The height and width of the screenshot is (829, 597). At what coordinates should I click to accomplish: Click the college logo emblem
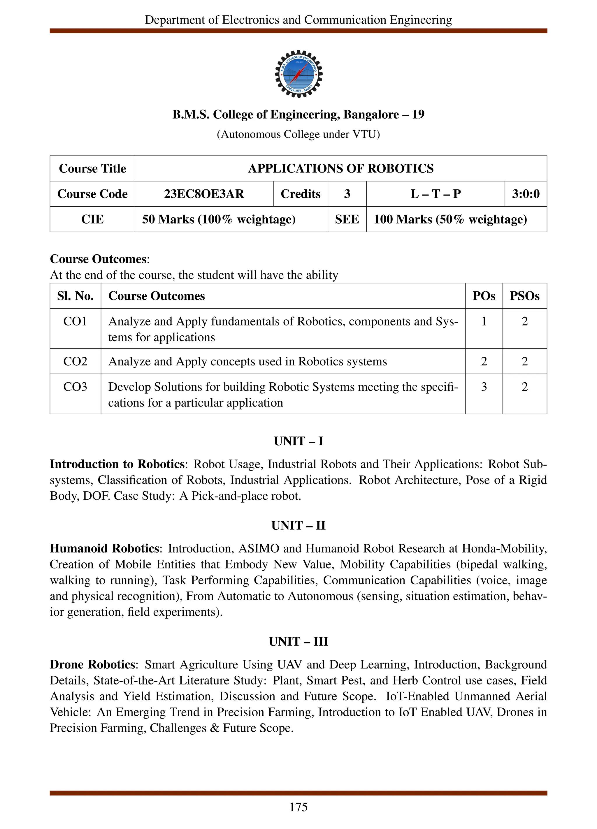(x=298, y=74)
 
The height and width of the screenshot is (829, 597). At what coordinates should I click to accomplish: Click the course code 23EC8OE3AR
(x=204, y=194)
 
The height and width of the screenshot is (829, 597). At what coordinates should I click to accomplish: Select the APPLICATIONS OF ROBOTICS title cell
(x=340, y=168)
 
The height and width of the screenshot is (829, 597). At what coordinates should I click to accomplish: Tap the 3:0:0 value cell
(x=525, y=194)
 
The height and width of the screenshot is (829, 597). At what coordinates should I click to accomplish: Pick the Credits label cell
(x=300, y=194)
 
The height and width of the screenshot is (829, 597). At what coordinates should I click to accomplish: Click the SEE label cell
(x=347, y=219)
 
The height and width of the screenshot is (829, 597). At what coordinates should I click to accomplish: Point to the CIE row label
(x=92, y=219)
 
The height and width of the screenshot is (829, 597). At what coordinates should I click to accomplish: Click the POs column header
(x=484, y=296)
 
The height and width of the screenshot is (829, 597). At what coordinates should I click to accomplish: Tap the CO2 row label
(x=75, y=361)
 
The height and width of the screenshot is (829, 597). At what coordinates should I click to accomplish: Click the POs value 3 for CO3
(x=484, y=387)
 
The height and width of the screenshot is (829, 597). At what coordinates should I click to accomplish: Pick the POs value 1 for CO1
(x=484, y=321)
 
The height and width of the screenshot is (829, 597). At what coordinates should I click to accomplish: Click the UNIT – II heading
(x=298, y=526)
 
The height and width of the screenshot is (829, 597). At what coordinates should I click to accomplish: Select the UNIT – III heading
(x=298, y=641)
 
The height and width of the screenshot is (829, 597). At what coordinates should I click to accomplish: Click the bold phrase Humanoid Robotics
(x=104, y=549)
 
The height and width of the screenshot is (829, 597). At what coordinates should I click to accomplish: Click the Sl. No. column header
(x=75, y=296)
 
